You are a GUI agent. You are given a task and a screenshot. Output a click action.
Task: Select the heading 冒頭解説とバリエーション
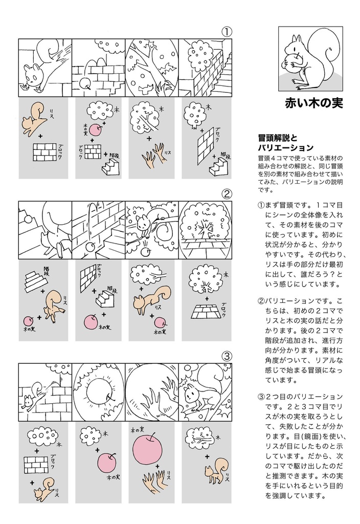285,143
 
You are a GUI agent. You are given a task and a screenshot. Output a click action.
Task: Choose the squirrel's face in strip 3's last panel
192,394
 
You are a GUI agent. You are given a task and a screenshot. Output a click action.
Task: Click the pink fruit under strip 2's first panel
29,321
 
